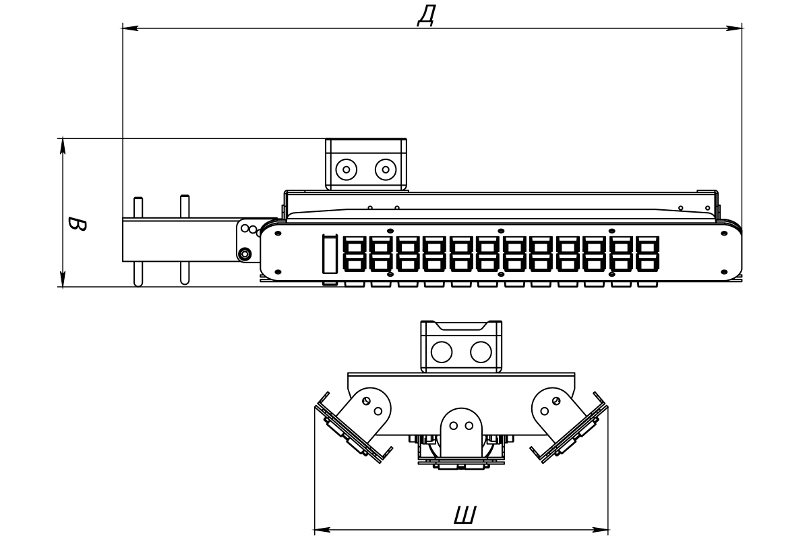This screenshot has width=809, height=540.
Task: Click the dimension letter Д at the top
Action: pos(427,16)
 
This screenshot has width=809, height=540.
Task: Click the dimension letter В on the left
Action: pos(78,224)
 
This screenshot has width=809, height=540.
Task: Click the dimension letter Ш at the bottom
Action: pos(465,515)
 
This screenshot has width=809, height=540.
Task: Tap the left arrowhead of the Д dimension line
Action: pos(130,28)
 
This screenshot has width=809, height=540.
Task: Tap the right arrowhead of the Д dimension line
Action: pos(734,28)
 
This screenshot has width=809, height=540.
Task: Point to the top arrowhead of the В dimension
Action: pos(63,146)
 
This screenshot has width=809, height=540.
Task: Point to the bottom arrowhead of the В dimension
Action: pos(63,279)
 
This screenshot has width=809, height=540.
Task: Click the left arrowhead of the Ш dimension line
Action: pos(322,530)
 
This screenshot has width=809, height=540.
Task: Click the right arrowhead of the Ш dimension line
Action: pos(601,530)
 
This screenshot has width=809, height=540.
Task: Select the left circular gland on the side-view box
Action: pos(347,169)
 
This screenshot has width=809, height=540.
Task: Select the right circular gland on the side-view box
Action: pos(386,169)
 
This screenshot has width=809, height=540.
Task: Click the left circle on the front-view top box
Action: pos(442,352)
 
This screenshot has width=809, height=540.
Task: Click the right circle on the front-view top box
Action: pos(481,352)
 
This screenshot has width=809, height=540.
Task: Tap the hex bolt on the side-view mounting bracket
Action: pos(245,254)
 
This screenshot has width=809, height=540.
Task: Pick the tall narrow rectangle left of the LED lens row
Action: pos(330,254)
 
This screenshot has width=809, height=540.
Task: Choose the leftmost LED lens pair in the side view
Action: pos(355,254)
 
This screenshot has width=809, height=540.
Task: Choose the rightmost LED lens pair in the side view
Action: pos(648,254)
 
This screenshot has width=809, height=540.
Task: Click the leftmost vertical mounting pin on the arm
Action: pos(138,242)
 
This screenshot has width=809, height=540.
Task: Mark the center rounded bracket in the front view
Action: pos(462,431)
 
